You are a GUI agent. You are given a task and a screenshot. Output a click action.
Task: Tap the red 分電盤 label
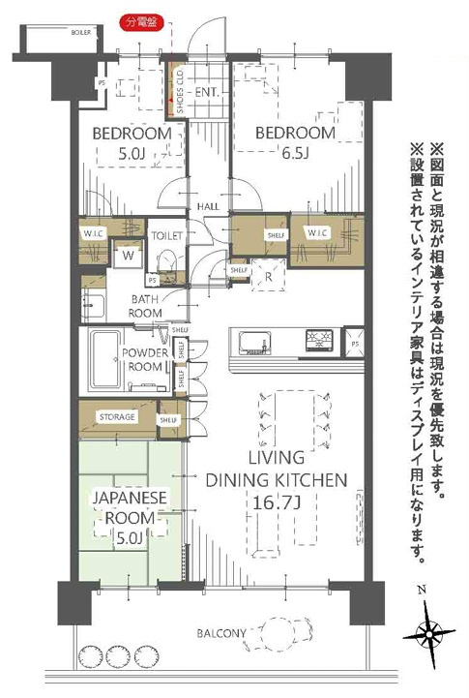pos(140,20)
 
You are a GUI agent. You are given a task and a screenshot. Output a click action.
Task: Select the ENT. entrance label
pos(207,93)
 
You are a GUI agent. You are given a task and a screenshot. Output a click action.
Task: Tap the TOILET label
pos(168,235)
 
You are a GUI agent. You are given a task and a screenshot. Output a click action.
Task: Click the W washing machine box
pos(128,257)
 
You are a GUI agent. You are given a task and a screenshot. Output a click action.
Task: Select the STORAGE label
pos(116,417)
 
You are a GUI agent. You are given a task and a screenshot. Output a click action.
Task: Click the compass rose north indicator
pos(426,634)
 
